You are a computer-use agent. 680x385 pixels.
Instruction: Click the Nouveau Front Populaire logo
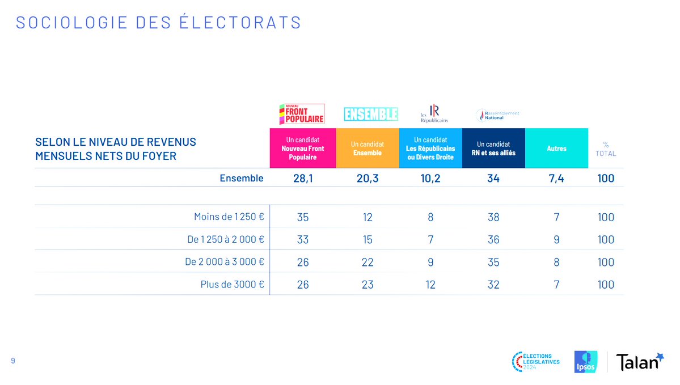[x=302, y=114]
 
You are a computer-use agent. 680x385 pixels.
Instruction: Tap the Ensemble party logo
[x=371, y=115]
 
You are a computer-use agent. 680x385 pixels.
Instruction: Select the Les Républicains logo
[x=434, y=113]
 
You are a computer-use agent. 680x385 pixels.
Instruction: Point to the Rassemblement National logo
[x=497, y=115]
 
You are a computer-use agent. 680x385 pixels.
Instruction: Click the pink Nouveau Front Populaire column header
[x=302, y=149]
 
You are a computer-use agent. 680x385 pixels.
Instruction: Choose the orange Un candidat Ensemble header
[x=367, y=149]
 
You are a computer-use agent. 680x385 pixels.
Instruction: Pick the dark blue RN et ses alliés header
[x=493, y=149]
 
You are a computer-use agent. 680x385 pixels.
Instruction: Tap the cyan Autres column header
[x=556, y=149]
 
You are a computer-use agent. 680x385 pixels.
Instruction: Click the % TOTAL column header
[x=605, y=149]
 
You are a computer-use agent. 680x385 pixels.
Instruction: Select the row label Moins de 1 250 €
[x=229, y=217]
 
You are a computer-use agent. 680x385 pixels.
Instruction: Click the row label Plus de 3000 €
[x=233, y=285]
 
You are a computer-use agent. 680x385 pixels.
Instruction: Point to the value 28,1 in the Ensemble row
[x=302, y=179]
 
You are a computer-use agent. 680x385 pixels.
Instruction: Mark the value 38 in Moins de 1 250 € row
[x=493, y=218]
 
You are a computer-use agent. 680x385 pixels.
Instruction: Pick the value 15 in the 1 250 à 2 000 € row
[x=368, y=240]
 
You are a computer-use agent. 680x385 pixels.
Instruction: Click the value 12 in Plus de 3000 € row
[x=430, y=285]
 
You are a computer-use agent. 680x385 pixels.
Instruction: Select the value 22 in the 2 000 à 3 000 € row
[x=368, y=263]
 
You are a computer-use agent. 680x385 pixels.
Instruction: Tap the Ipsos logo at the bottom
[x=585, y=362]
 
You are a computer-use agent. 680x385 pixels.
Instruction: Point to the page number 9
[x=13, y=361]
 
